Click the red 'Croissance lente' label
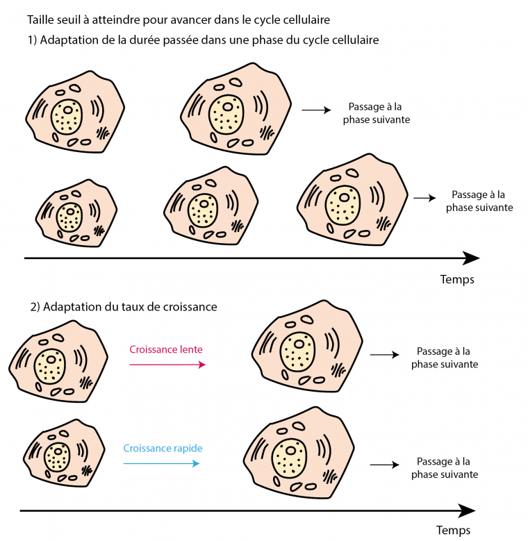click(x=166, y=349)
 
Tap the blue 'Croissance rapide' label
click(x=163, y=448)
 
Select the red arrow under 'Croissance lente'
click(x=167, y=364)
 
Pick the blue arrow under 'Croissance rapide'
click(x=161, y=463)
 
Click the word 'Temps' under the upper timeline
click(x=457, y=279)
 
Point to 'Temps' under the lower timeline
click(x=453, y=531)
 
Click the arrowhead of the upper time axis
click(x=471, y=258)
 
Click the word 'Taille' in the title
click(x=40, y=19)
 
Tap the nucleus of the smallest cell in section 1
click(x=69, y=215)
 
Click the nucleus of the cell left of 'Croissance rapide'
click(x=57, y=459)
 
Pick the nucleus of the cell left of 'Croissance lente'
click(x=51, y=364)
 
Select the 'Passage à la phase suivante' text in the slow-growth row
click(x=444, y=358)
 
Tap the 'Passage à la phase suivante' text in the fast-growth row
click(x=444, y=467)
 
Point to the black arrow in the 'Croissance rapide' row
click(x=383, y=465)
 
